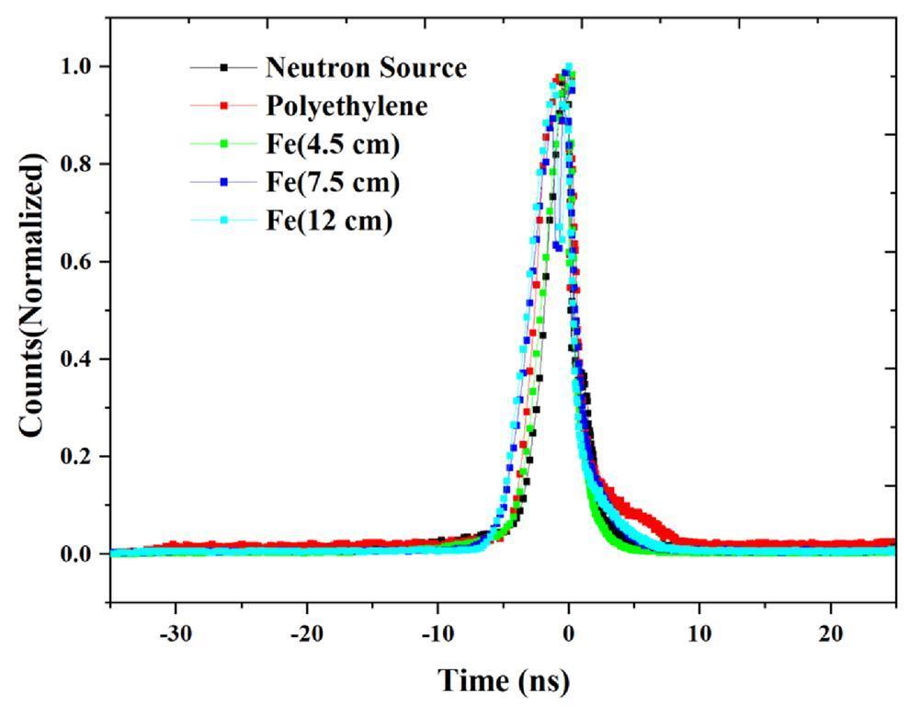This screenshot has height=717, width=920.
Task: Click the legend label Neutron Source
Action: pos(366,68)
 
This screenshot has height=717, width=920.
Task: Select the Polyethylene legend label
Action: pos(346,107)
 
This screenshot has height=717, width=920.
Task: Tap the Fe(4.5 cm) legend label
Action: pos(333,145)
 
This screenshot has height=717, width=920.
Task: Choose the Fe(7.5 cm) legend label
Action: pos(333,183)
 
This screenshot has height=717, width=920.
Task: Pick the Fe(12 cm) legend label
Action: pos(329,222)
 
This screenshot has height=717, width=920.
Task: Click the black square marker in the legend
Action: pos(224,68)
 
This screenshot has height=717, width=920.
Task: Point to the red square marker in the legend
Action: pos(224,107)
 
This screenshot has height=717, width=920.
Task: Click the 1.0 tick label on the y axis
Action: pos(80,67)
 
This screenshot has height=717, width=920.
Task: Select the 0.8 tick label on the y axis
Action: pos(80,165)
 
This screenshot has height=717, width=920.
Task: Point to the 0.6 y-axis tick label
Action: pos(80,262)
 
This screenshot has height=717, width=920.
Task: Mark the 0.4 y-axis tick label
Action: pos(80,359)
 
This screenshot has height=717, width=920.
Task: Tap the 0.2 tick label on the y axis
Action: pos(80,457)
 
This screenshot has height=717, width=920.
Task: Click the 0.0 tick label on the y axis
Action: pos(80,554)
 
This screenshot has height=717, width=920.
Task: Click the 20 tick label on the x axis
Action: pos(831,634)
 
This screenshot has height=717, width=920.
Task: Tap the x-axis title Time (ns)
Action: pos(503,681)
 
